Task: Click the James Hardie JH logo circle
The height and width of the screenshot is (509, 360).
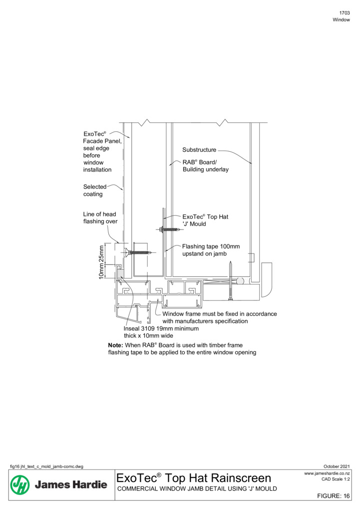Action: tap(20, 485)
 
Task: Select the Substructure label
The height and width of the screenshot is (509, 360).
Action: tap(199, 150)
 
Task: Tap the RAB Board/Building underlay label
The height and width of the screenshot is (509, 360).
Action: tap(205, 166)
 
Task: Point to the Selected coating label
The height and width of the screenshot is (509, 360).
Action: tap(94, 190)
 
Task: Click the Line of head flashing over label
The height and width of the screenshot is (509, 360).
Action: tap(100, 218)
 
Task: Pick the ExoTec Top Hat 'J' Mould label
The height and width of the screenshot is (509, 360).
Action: tap(205, 220)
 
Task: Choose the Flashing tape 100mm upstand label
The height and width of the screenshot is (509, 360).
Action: tap(211, 250)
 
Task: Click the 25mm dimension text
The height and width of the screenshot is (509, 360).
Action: tap(101, 254)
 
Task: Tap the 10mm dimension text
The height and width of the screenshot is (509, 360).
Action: tap(101, 271)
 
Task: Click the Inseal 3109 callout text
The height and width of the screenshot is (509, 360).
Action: tap(161, 332)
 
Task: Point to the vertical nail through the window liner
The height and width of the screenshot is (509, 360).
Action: tap(230, 280)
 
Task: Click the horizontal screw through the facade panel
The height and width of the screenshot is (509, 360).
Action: tap(138, 252)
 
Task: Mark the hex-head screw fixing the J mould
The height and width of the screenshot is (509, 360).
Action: tap(169, 229)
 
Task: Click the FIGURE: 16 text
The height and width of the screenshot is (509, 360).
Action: tap(334, 496)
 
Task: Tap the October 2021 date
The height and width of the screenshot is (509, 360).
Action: tap(337, 467)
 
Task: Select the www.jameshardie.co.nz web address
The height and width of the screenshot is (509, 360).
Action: tap(327, 473)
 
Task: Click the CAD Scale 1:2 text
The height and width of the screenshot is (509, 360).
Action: tap(336, 479)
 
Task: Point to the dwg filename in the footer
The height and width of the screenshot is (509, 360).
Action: tap(46, 467)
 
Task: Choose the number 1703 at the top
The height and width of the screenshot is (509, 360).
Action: tap(345, 13)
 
